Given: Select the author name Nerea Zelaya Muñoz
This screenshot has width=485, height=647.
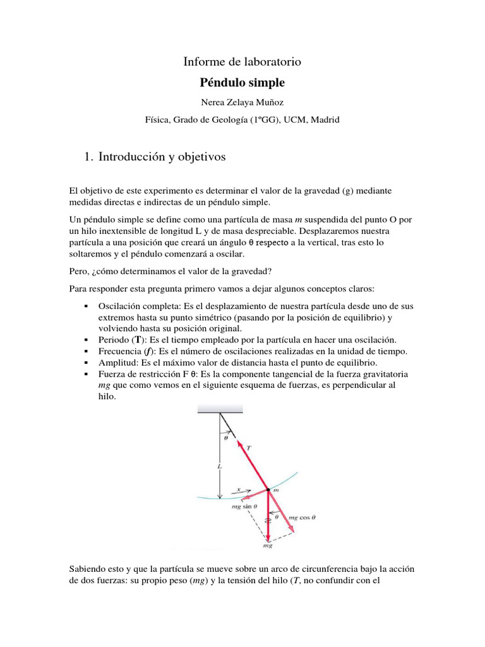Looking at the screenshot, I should [x=242, y=102].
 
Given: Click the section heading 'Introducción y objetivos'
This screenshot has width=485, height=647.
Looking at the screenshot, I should [x=162, y=157].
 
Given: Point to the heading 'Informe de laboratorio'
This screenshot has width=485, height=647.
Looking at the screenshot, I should [x=242, y=62].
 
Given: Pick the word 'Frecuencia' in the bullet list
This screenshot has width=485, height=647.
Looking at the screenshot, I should [x=120, y=351].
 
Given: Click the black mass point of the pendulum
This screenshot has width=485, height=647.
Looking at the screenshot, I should [x=268, y=490].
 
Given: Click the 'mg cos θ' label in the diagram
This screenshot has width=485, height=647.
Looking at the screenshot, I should [x=302, y=517].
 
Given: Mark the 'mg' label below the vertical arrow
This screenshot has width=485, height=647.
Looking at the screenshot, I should [x=267, y=545].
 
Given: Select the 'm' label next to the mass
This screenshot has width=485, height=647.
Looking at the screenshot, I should [x=277, y=490].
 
